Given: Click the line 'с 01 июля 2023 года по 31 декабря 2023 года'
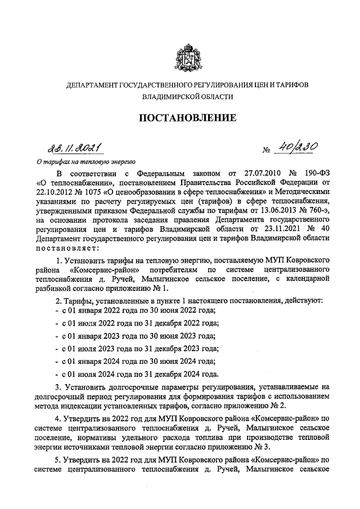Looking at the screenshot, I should click(138, 349).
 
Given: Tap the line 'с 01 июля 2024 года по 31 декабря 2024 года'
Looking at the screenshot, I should click(138, 374).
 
